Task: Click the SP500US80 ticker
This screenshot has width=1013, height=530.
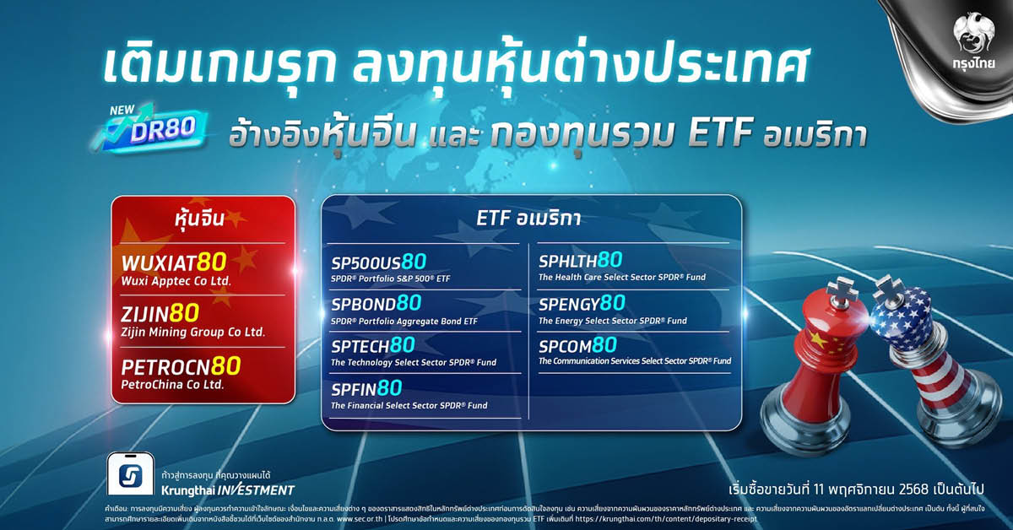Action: pos(378,262)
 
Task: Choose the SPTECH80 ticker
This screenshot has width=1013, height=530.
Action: pos(372,345)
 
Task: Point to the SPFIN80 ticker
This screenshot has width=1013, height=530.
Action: pos(366,388)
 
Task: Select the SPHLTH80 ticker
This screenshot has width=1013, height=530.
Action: pos(580,260)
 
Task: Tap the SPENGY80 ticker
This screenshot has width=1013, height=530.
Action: pos(582,303)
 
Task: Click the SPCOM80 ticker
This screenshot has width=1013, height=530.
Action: pos(577,345)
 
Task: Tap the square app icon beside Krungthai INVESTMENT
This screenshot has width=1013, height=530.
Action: pos(130,479)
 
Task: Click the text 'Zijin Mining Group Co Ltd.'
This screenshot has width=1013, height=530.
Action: pos(192,333)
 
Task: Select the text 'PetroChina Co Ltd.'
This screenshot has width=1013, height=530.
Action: pos(172,384)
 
